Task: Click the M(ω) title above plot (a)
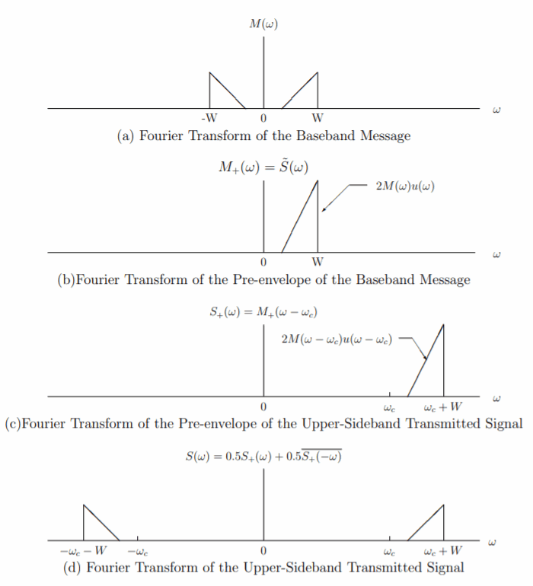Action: coord(263,24)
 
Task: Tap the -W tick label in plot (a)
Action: coord(209,119)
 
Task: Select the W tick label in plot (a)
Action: coord(318,119)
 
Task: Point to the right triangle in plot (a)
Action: coord(307,94)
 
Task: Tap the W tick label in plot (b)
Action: coord(318,263)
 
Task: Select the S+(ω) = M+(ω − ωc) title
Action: coord(263,313)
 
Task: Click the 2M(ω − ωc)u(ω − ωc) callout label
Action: coord(337,337)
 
